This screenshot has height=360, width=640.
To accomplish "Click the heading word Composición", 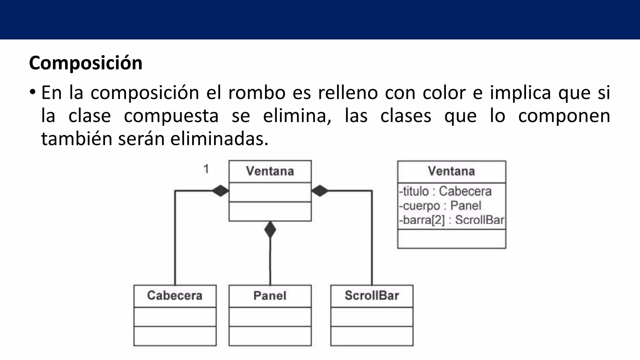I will [x=86, y=63].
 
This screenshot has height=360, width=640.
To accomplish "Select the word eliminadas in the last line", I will [x=219, y=139].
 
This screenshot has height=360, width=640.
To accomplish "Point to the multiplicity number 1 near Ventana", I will [x=206, y=169].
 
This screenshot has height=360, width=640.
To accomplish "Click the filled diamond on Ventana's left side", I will [x=221, y=191].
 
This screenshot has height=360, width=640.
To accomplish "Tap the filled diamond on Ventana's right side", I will [x=320, y=191].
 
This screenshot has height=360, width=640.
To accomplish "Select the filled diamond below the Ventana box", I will [x=270, y=230].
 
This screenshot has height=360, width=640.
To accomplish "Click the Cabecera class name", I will [x=175, y=296].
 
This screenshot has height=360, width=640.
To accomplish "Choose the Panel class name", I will [x=270, y=296].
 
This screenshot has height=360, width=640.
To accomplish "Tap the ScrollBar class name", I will [x=372, y=296].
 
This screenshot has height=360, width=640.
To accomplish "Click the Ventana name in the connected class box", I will [x=270, y=171].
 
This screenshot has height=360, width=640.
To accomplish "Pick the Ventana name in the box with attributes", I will [x=451, y=171].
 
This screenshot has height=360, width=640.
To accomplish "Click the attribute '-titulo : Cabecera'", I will [x=445, y=191].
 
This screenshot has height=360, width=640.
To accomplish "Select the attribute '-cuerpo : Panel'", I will [x=440, y=206].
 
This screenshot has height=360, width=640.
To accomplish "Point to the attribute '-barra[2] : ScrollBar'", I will [x=452, y=220].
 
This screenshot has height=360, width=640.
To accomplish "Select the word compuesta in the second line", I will [x=171, y=116].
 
